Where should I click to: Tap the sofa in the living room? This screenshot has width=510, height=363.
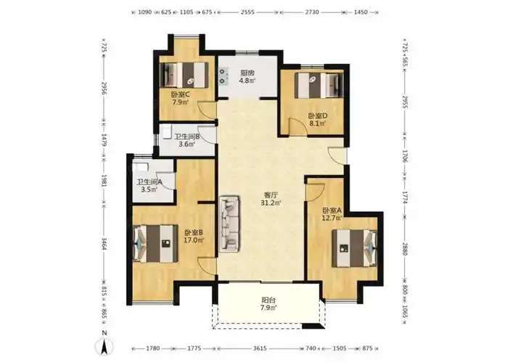(230, 224)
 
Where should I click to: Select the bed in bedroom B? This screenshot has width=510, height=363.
(155, 243)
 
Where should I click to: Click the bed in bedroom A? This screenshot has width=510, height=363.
(355, 248)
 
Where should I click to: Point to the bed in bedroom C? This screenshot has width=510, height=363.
(184, 75)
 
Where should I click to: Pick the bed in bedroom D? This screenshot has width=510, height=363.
(319, 85)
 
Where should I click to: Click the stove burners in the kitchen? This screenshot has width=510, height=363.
(223, 76)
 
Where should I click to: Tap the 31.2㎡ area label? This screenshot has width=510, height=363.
(271, 203)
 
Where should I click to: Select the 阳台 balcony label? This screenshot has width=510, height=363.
(268, 300)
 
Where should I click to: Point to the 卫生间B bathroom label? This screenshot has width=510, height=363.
(187, 137)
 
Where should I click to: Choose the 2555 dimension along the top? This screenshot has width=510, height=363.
(248, 12)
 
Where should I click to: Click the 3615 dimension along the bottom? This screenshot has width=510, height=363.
(260, 348)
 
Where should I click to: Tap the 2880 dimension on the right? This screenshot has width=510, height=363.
(405, 249)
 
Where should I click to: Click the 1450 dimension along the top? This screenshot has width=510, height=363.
(361, 12)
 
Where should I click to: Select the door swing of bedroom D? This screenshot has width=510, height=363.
(297, 126)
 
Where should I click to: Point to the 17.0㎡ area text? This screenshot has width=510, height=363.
(194, 240)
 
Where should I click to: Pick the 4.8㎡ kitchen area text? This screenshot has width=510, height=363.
(247, 80)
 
